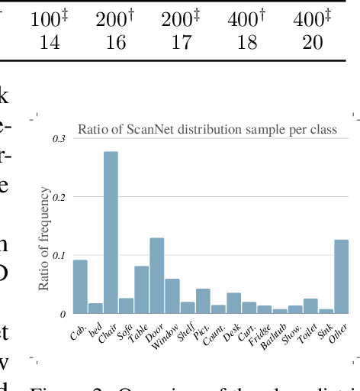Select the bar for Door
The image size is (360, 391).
coord(156,274)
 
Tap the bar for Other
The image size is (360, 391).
coord(341,276)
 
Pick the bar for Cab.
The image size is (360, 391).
coord(80,286)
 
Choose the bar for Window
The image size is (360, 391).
coord(172,295)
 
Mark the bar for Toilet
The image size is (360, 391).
coord(310,305)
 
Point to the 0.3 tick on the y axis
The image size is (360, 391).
coord(59,138)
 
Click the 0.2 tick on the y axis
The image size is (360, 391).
coord(59,196)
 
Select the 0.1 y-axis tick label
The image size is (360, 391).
coord(59,254)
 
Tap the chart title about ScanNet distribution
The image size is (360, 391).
coord(207,128)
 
